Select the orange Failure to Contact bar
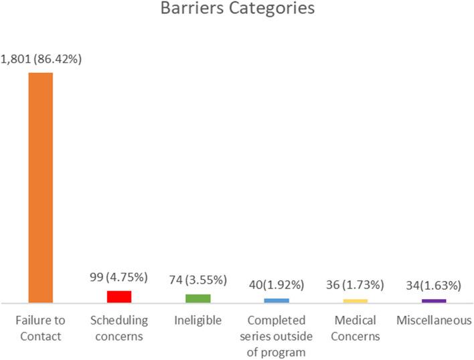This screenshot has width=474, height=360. click(40, 187)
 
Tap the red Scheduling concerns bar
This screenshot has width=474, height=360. click(118, 296)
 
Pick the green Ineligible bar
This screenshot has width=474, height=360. click(197, 298)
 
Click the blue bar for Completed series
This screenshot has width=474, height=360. click(276, 300)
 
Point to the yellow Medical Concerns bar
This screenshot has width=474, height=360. click(355, 300)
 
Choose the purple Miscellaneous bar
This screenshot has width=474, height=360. click(434, 300)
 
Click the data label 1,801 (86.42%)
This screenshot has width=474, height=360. click(40, 60)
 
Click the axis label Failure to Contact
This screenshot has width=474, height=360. click(39, 328)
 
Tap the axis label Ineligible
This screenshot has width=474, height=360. click(197, 321)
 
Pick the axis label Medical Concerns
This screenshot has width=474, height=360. click(355, 328)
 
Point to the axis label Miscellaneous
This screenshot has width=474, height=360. click(433, 321)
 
